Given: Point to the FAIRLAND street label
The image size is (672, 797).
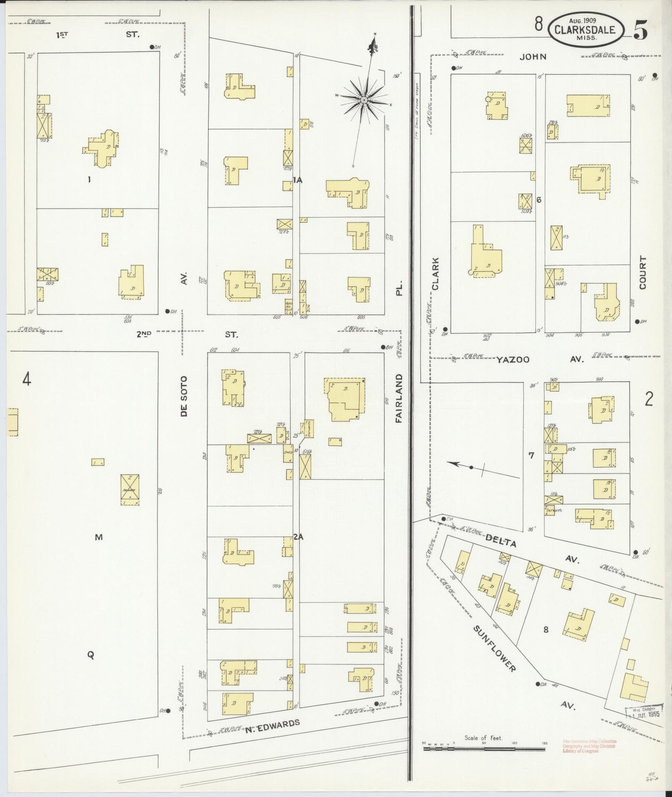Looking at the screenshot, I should coord(399,398).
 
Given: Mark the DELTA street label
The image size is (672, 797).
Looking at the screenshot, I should coord(500,543).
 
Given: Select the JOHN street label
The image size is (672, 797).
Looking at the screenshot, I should coord(532,57).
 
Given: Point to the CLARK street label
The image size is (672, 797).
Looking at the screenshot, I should coord(435,273).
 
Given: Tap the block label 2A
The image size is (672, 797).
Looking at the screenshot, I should coord(298,537).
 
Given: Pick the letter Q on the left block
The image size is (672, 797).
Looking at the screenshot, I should coord(90,655).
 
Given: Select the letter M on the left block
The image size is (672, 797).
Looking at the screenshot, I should coord(98,537).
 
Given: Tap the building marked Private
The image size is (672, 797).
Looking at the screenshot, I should coord(130,490).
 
